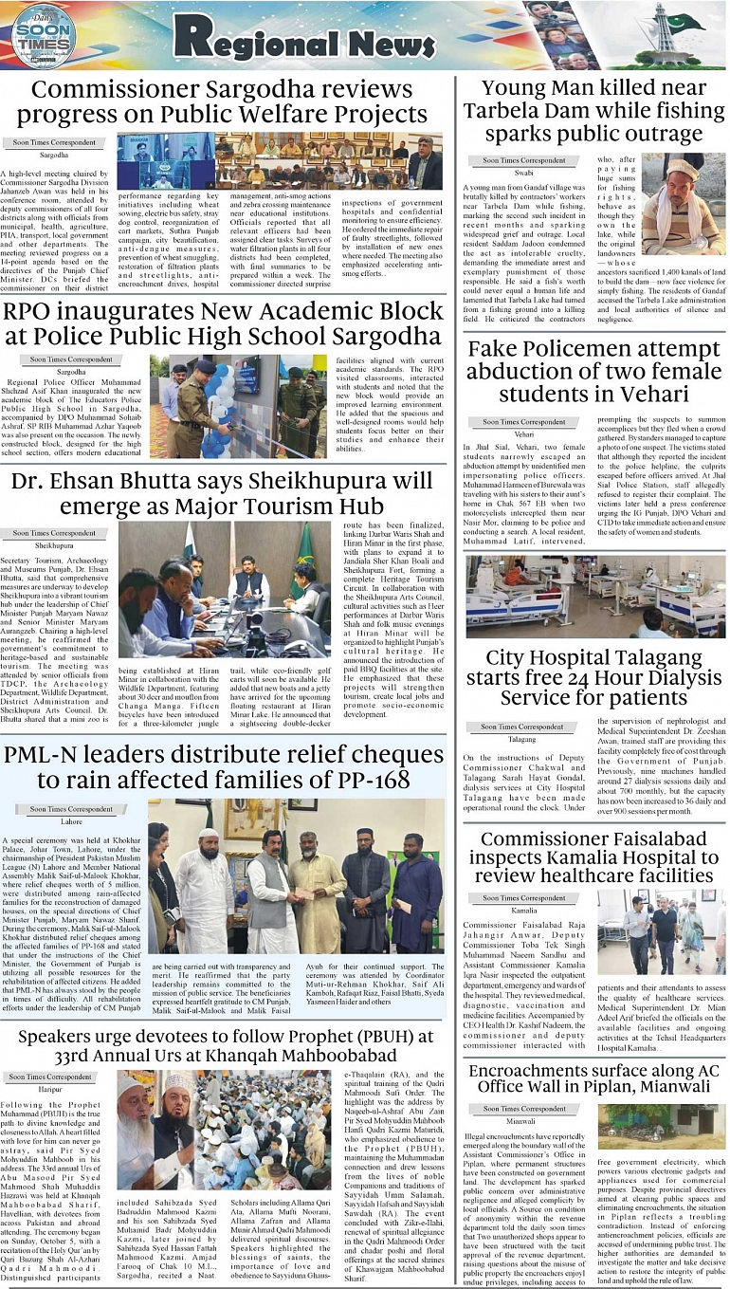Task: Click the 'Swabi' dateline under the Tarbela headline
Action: (524, 174)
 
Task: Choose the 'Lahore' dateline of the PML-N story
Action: (72, 821)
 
